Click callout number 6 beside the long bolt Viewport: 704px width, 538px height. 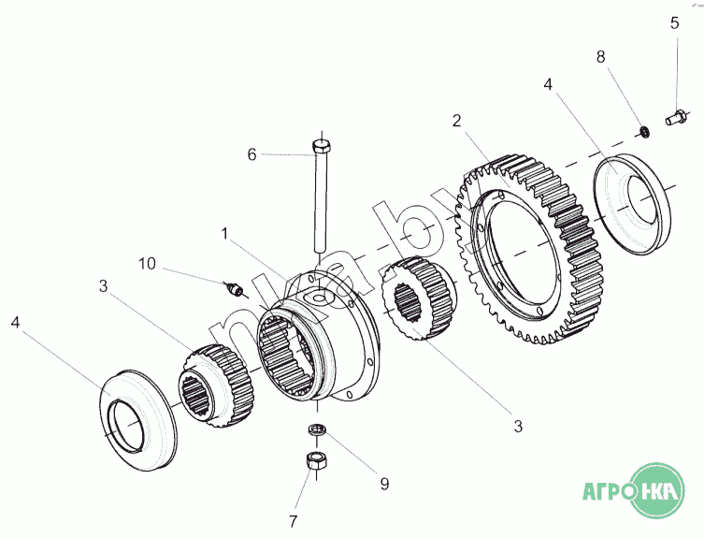click(251, 154)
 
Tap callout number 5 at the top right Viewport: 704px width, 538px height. click(674, 22)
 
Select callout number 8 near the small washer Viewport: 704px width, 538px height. click(600, 56)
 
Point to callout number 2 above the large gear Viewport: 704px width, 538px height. click(456, 120)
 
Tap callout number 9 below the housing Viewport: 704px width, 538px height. click(383, 484)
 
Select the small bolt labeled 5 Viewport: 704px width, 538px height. click(673, 118)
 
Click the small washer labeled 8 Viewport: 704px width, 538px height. click(643, 128)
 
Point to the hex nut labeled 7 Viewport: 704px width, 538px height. click(316, 461)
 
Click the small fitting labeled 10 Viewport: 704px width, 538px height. click(236, 288)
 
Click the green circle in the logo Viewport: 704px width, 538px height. click(657, 489)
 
